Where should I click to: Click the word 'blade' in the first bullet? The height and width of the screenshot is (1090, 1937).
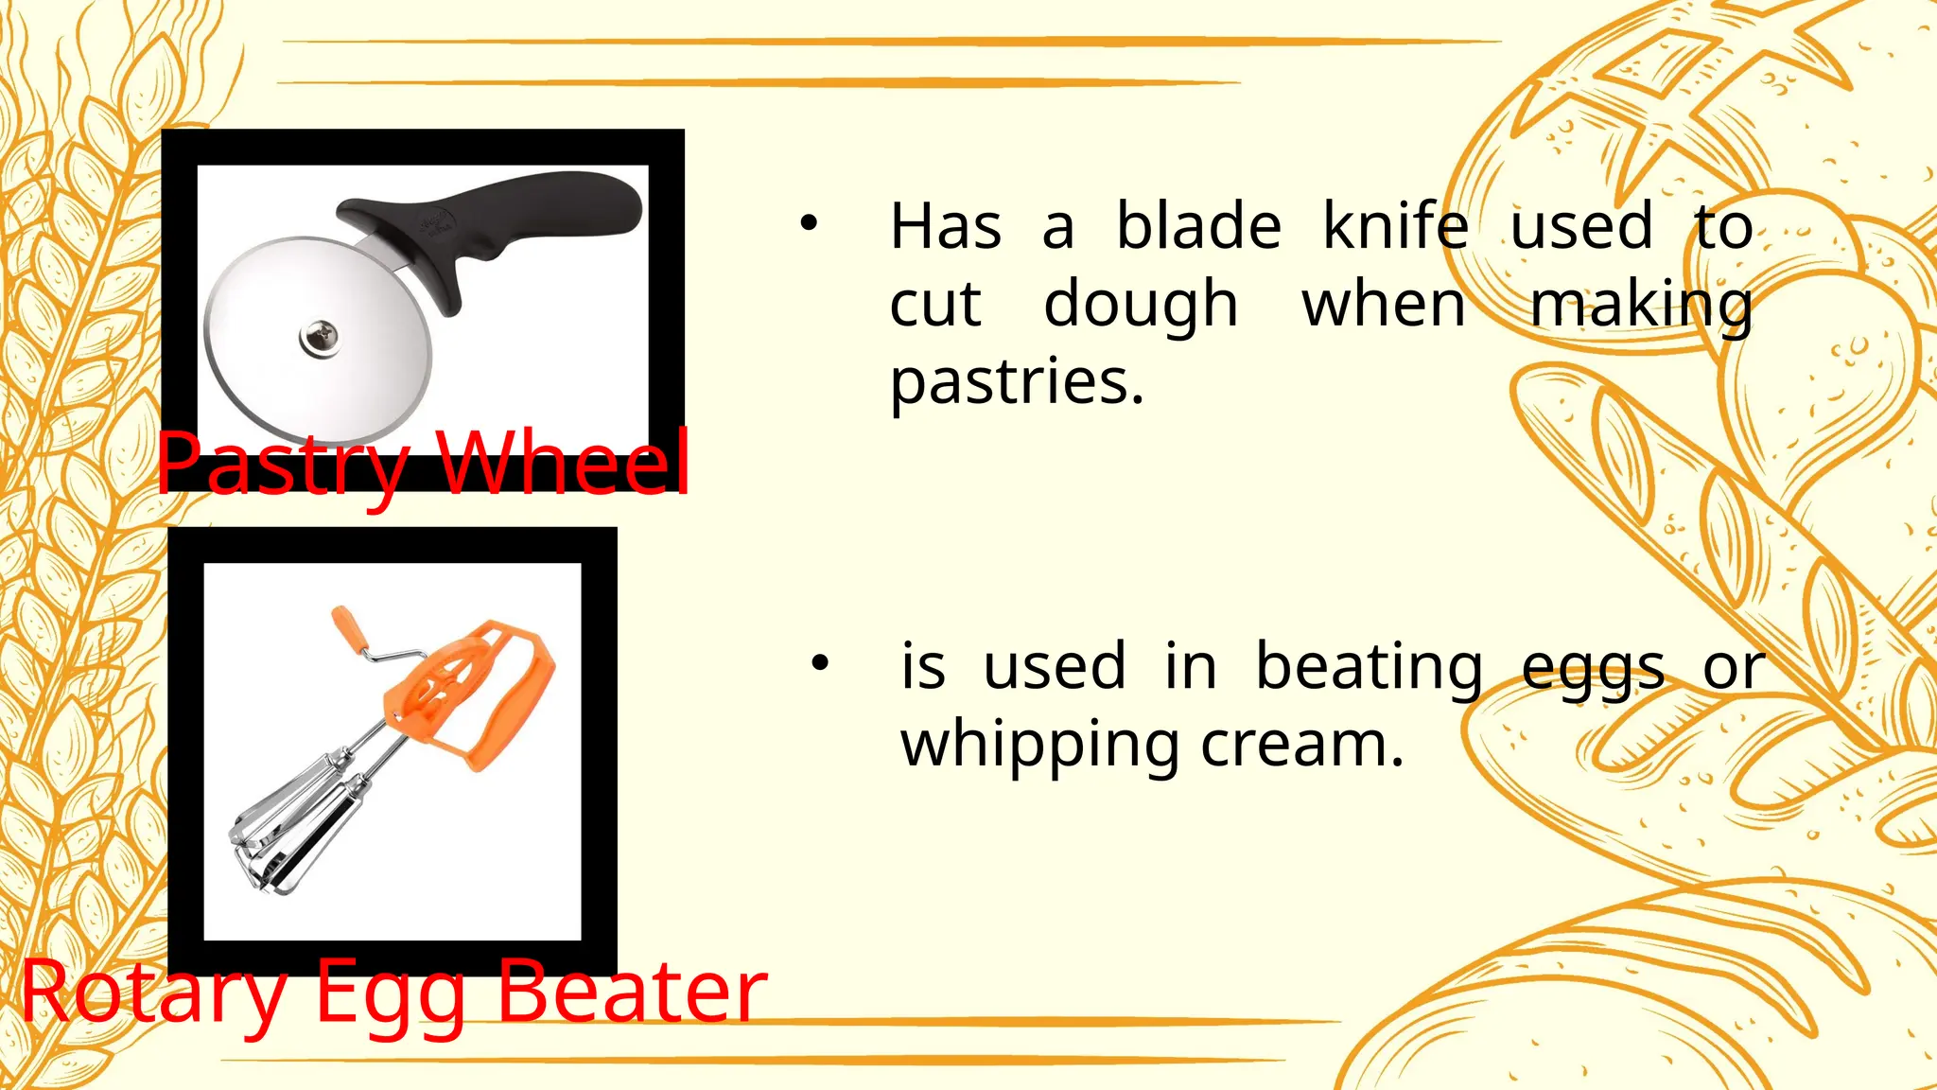tap(1198, 227)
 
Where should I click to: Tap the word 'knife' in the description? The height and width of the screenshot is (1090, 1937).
tap(1395, 227)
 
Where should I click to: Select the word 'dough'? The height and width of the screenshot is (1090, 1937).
tap(1141, 306)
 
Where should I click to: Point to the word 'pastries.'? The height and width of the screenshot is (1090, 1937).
tap(1017, 383)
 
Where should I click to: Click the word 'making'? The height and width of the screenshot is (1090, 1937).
tap(1641, 306)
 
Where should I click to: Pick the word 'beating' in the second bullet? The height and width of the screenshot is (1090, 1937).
tap(1369, 667)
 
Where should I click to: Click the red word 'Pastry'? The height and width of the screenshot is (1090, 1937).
tap(283, 464)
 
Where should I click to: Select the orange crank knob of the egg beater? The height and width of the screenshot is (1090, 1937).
tap(346, 630)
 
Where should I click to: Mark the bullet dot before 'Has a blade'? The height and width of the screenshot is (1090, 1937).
tap(807, 224)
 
